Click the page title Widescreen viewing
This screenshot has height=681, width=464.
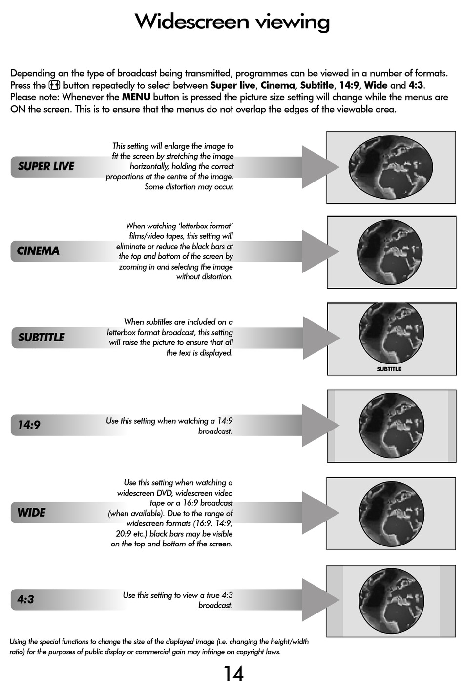tap(232, 22)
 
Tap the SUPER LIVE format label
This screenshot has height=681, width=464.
tap(46, 167)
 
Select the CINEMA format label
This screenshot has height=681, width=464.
tap(38, 251)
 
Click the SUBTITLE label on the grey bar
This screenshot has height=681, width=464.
tap(42, 338)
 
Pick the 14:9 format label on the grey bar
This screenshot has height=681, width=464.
tap(29, 425)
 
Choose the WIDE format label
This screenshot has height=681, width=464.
tap(31, 513)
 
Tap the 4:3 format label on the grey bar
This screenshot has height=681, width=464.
tap(25, 599)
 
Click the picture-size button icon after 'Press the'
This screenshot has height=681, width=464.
tap(54, 85)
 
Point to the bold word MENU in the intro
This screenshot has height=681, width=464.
tap(136, 97)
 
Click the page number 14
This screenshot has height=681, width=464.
tap(233, 673)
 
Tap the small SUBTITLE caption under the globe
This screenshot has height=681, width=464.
tap(389, 369)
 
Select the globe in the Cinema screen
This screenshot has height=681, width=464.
tap(390, 251)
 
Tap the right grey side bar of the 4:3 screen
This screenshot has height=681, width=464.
tap(447, 600)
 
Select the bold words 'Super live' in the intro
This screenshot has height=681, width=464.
tap(232, 85)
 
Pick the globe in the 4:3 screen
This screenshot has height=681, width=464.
tap(391, 600)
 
